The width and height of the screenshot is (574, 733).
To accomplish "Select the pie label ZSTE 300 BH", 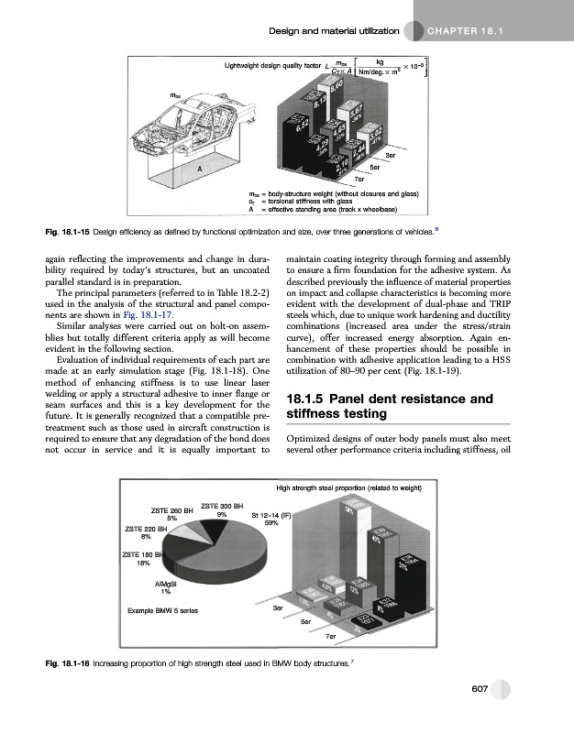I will click(221, 506).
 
